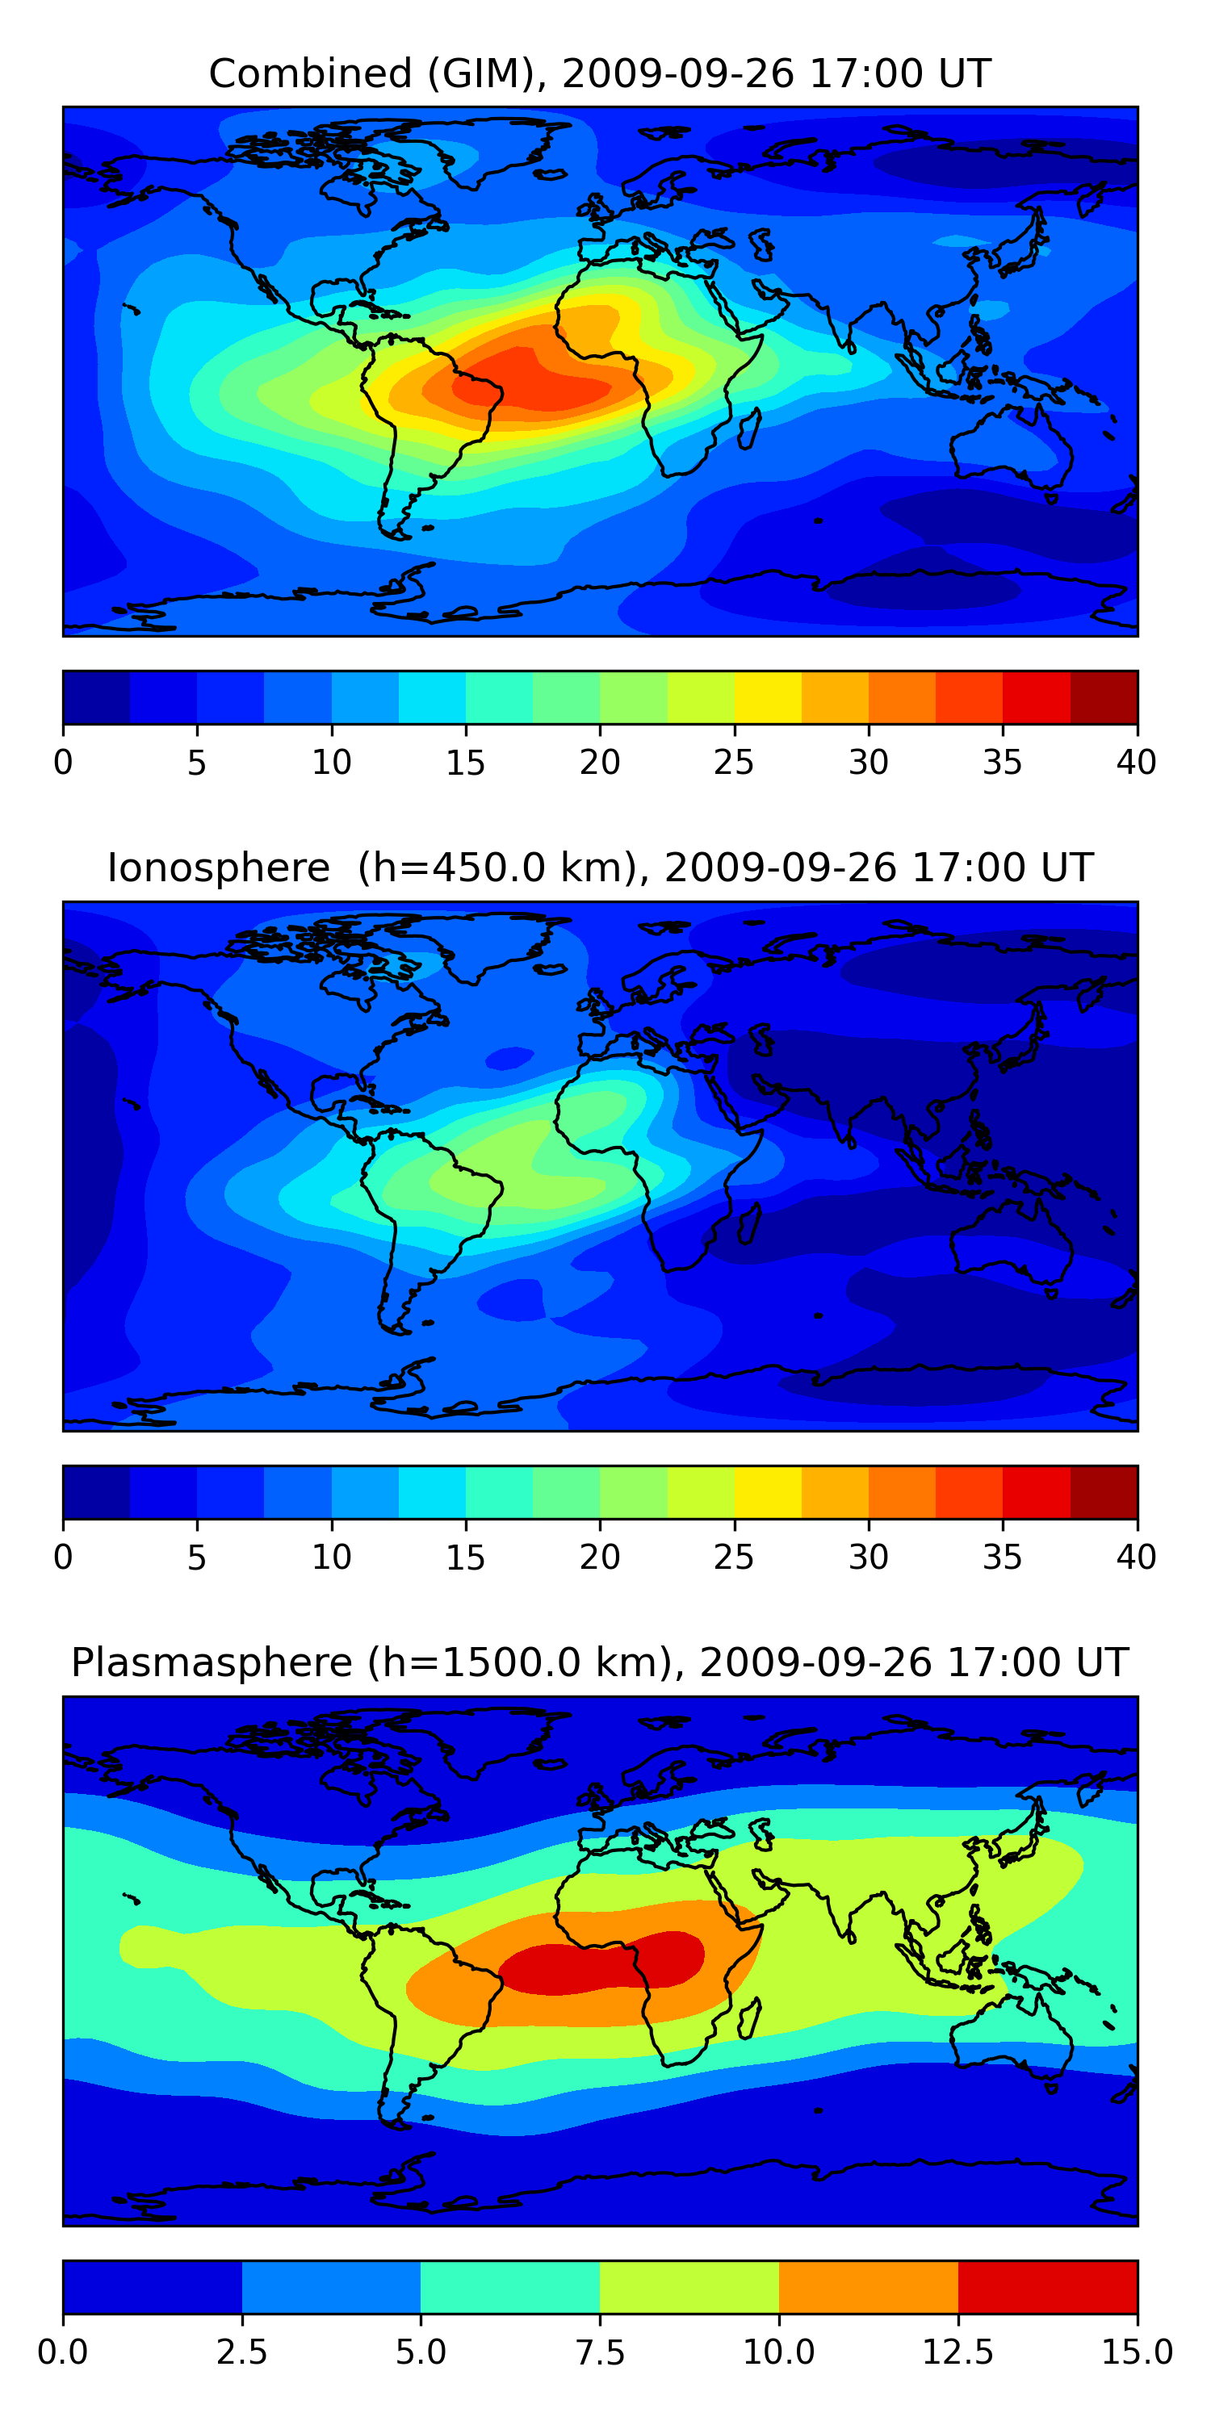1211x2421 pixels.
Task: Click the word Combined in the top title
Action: [x=310, y=73]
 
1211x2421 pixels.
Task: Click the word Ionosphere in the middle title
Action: [x=218, y=868]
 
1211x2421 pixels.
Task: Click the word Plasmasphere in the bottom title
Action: [x=212, y=1662]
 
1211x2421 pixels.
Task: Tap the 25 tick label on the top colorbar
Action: [x=733, y=762]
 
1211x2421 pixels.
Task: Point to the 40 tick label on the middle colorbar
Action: [x=1136, y=1558]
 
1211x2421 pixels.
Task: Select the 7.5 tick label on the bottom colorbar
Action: [x=600, y=2352]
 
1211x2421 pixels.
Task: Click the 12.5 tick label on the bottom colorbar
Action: [x=957, y=2352]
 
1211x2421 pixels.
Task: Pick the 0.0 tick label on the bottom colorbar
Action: [x=63, y=2352]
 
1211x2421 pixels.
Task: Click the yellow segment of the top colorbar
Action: [x=767, y=697]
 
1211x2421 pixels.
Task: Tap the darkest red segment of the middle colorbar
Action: [x=1104, y=1492]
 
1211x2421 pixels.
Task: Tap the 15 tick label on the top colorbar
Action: [x=465, y=762]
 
